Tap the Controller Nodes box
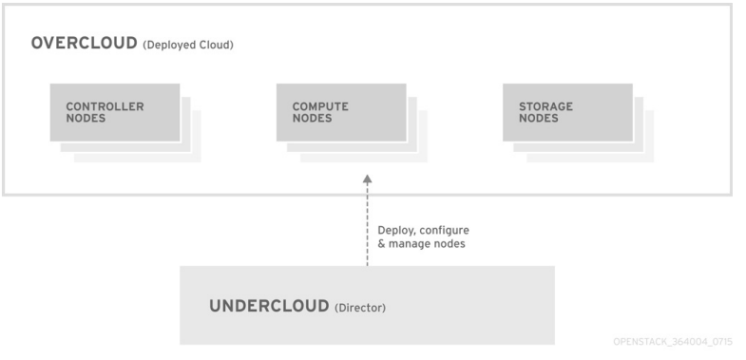tap(113, 113)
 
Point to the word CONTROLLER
tap(105, 106)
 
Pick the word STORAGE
tap(540, 106)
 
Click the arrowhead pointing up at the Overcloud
tap(368, 179)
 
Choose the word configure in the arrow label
tap(444, 231)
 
